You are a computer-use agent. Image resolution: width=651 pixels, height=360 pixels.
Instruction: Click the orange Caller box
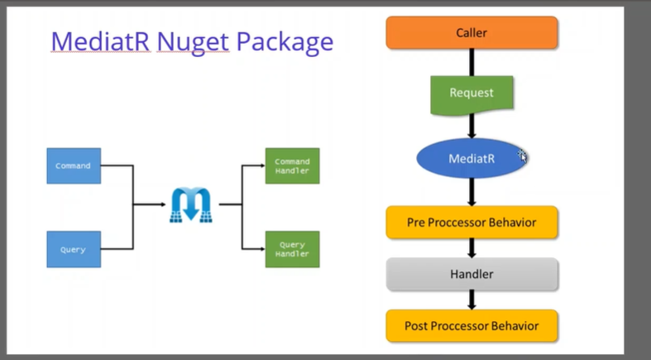click(x=471, y=33)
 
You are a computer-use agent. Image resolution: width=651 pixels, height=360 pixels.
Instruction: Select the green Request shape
click(x=471, y=95)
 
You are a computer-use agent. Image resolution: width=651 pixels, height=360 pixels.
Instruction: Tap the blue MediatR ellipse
click(x=471, y=158)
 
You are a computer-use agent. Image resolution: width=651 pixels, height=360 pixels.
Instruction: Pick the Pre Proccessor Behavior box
click(x=471, y=222)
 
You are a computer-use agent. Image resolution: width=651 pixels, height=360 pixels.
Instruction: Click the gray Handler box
click(x=471, y=274)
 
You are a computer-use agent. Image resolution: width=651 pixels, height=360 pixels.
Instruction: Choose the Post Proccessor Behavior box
click(x=471, y=326)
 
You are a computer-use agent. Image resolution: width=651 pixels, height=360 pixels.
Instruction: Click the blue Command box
click(x=74, y=166)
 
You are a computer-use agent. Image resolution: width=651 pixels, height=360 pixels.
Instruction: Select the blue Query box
click(x=74, y=249)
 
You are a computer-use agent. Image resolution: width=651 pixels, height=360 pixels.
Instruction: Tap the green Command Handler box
click(x=292, y=166)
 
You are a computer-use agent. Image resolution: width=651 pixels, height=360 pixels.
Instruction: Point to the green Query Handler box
click(x=292, y=249)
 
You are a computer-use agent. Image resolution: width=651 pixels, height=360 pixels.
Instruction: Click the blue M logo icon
click(x=191, y=204)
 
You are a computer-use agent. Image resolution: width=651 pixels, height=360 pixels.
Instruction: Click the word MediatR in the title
click(x=100, y=41)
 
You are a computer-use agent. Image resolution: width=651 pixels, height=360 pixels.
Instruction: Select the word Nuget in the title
click(x=193, y=42)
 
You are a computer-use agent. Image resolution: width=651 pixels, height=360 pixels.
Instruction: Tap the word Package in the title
click(x=285, y=42)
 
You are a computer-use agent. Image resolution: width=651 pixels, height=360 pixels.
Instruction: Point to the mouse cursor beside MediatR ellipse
click(x=522, y=156)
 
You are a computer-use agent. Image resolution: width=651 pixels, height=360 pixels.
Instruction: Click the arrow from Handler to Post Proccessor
click(x=471, y=300)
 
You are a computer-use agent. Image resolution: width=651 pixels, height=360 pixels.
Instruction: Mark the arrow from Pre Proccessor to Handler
click(x=471, y=248)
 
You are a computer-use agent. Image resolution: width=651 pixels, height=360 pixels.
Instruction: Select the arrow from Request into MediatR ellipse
click(x=471, y=126)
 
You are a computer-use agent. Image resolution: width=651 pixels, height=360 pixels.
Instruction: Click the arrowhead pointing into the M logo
click(x=163, y=204)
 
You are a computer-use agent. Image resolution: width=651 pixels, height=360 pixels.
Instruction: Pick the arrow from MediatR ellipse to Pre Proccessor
click(x=471, y=192)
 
